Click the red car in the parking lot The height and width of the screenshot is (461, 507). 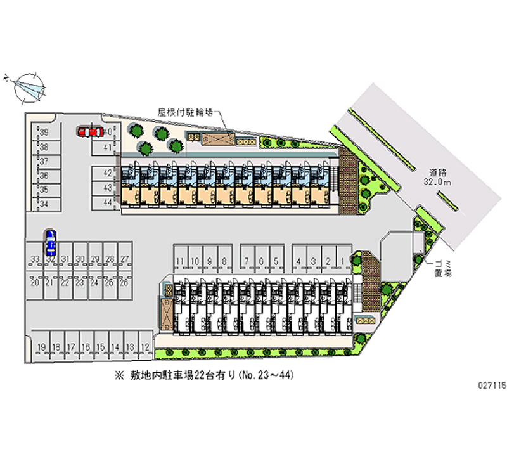tap(90, 132)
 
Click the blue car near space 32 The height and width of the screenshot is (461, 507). tap(50, 241)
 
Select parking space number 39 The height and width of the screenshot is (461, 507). tap(44, 132)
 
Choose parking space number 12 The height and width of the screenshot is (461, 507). tap(145, 347)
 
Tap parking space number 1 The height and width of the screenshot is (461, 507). tap(343, 261)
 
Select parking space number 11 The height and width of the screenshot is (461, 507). tap(181, 261)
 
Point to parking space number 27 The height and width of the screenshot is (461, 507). tap(125, 259)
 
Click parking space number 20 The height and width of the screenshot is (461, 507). tap(34, 283)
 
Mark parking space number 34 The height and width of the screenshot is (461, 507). tap(44, 204)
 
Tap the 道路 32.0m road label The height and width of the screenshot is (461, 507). tap(439, 177)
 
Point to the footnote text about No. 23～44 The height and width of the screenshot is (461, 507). tap(203, 375)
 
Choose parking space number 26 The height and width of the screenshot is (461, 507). tap(124, 283)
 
